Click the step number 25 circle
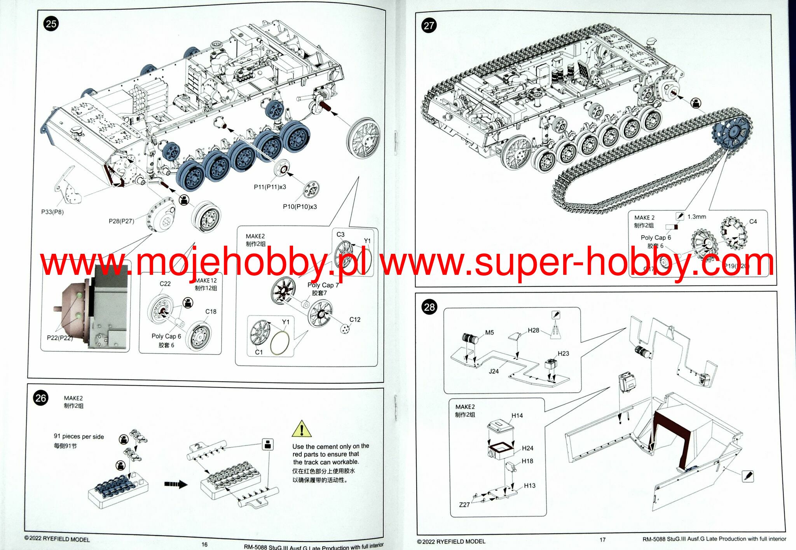coord(51,24)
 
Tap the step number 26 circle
coord(41,398)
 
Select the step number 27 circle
coord(429,26)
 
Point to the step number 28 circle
coord(429,307)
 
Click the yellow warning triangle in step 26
coord(302,429)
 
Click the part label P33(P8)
coord(52,212)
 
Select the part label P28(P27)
coord(121,221)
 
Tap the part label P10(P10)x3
coord(300,206)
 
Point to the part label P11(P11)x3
coord(270,187)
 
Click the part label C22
coord(165,284)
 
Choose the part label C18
coord(211,312)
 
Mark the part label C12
coord(355,320)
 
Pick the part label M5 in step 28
coord(489,333)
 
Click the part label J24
coord(494,371)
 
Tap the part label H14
coord(517,416)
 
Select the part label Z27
coord(464,505)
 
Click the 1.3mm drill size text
coord(696,217)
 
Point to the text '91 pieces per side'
coord(79,437)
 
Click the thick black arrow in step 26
coord(176,484)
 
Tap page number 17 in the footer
coord(602,540)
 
